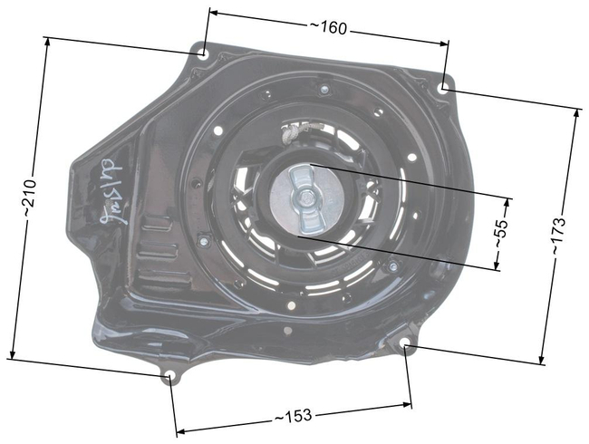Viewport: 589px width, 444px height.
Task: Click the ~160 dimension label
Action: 328,28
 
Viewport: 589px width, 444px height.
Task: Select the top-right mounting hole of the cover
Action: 442,88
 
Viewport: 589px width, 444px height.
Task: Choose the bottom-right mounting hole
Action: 405,343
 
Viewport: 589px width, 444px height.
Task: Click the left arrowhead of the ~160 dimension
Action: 212,13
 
